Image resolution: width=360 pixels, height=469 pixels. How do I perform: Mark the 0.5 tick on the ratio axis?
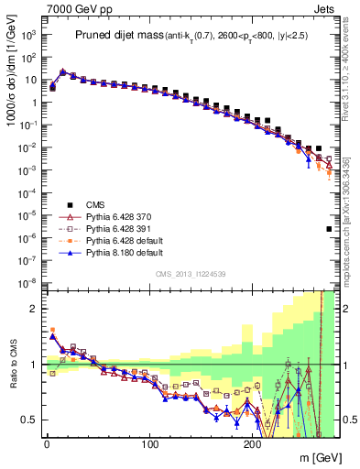(27, 420)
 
